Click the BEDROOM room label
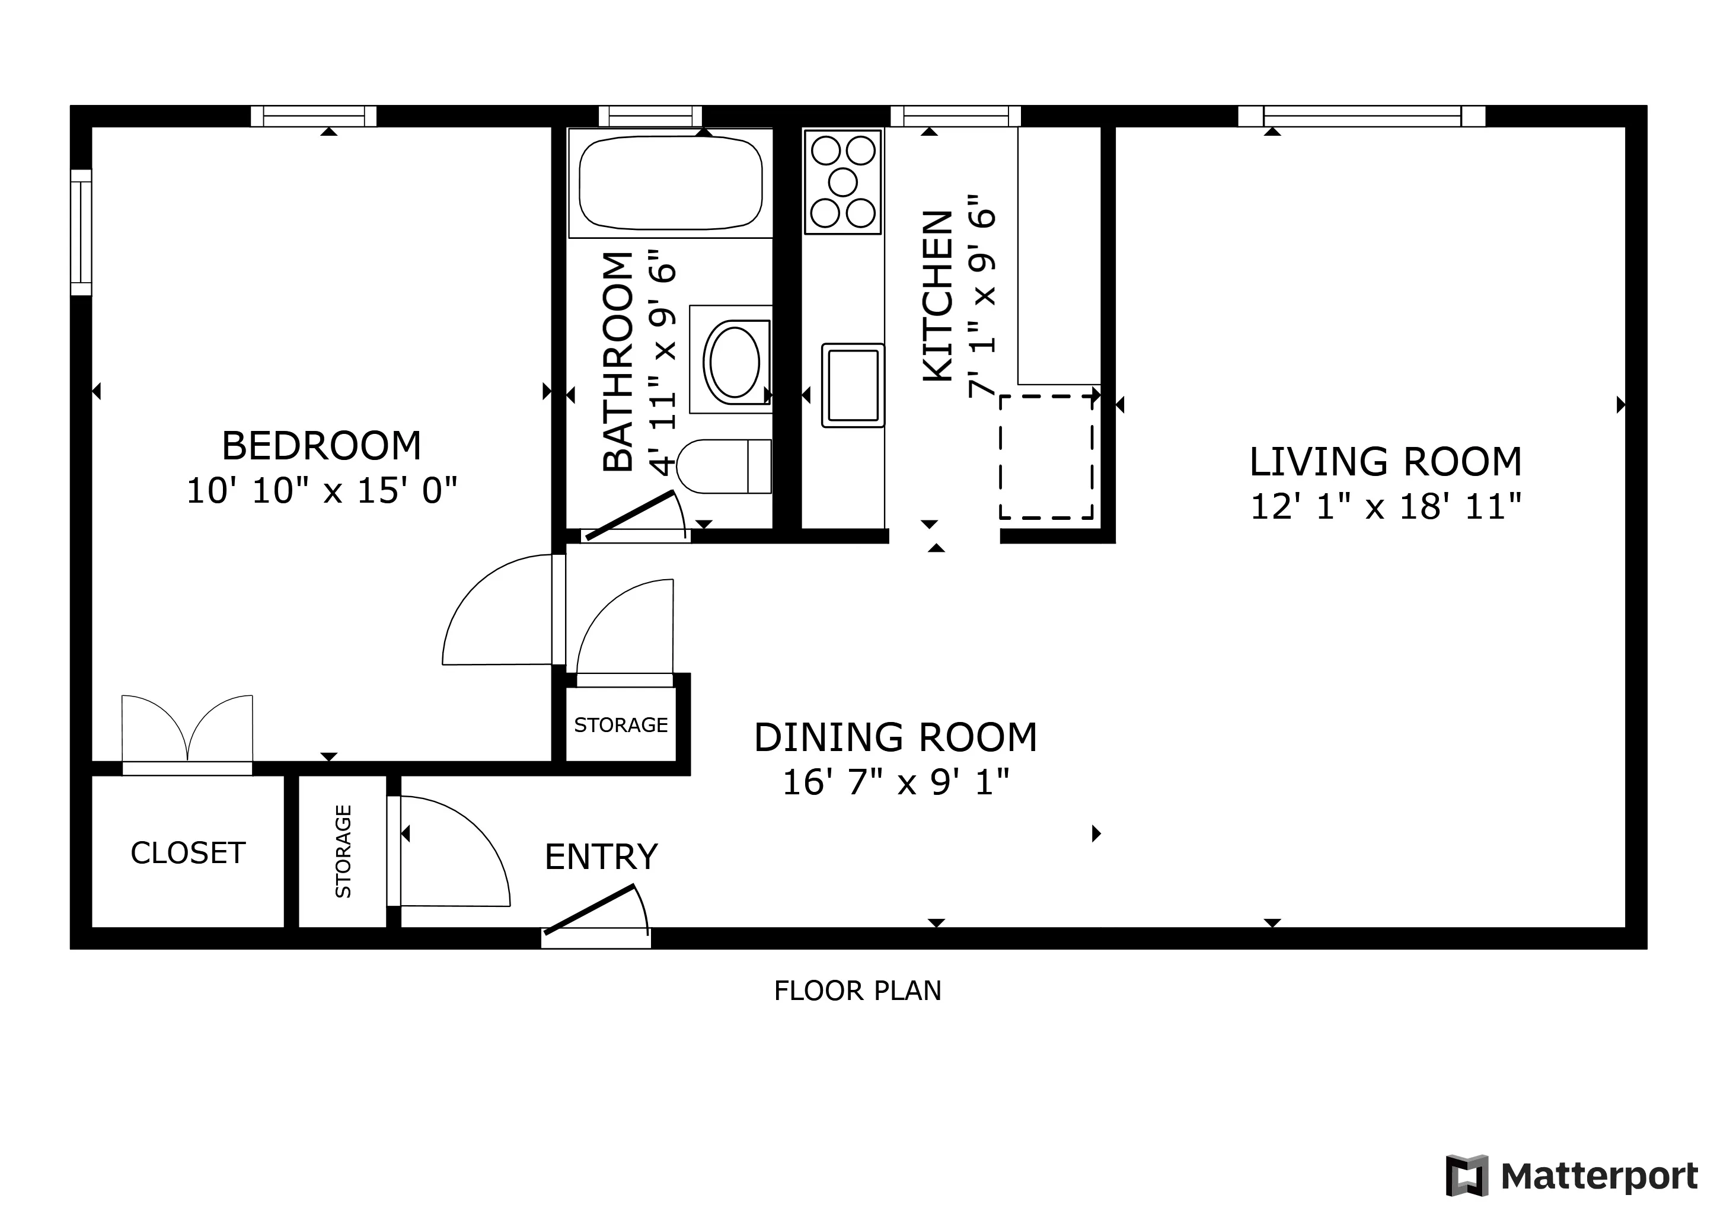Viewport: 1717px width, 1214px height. pyautogui.click(x=321, y=446)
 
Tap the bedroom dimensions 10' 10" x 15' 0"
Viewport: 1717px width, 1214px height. pyautogui.click(x=321, y=491)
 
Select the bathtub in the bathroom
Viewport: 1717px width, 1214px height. pyautogui.click(x=670, y=184)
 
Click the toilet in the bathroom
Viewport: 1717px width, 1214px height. pyautogui.click(x=722, y=467)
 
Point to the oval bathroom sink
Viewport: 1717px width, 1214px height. pyautogui.click(x=735, y=361)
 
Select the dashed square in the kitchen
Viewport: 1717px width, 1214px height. pyautogui.click(x=1046, y=457)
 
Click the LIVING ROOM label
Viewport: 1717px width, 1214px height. pyautogui.click(x=1385, y=462)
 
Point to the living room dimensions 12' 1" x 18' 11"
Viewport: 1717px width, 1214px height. pyautogui.click(x=1385, y=507)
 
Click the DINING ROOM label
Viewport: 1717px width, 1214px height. pyautogui.click(x=895, y=738)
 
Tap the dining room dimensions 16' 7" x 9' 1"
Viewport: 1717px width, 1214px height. pyautogui.click(x=895, y=782)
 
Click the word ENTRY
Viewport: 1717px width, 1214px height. pyautogui.click(x=601, y=857)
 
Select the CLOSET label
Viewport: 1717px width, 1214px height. pyautogui.click(x=188, y=853)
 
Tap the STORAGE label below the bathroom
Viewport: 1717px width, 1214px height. pyautogui.click(x=621, y=725)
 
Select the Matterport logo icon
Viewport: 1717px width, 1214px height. pyautogui.click(x=1466, y=1176)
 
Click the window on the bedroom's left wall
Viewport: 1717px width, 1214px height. pyautogui.click(x=81, y=232)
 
